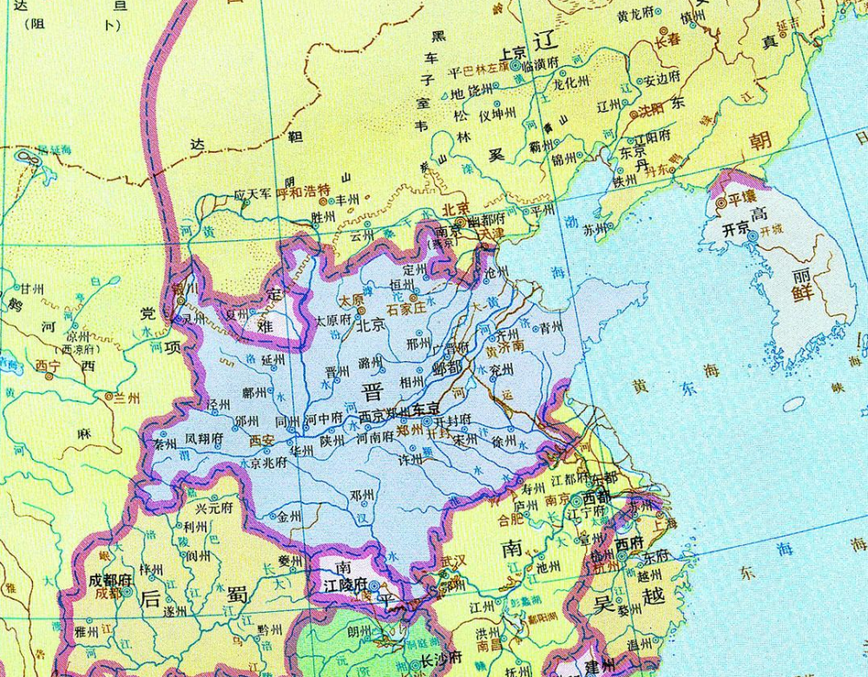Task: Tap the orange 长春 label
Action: pos(668,40)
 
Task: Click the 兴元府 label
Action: pos(214,508)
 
